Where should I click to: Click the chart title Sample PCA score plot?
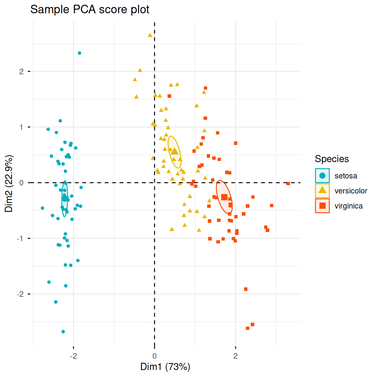90,9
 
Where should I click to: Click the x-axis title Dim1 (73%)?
165,367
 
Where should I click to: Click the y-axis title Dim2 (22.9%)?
9,184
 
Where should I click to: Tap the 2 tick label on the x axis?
235,356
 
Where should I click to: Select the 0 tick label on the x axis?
154,356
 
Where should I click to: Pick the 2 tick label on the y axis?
22,71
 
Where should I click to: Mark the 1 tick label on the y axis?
22,127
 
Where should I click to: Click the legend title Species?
332,159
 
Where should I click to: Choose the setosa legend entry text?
346,176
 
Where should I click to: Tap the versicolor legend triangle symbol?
322,190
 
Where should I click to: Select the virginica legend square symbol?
322,206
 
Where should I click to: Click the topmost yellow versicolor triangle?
150,35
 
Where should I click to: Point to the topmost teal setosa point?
80,53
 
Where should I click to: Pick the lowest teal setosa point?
63,332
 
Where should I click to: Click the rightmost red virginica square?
288,184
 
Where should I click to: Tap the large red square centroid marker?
224,197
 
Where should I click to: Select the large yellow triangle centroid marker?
175,151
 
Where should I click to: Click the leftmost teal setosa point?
43,208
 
